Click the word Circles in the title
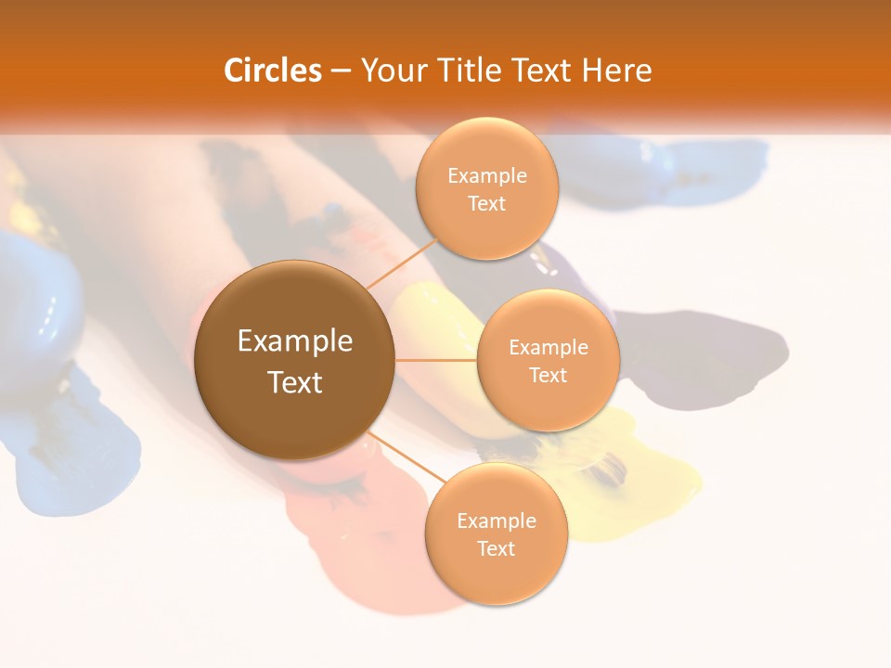tap(272, 71)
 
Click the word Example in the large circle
tap(294, 341)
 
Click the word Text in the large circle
tap(294, 382)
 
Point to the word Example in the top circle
tap(486, 176)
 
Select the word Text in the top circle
tap(486, 204)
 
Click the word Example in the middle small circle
tap(548, 348)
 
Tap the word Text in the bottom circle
tap(496, 549)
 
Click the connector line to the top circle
tap(401, 263)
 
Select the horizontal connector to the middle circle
tap(436, 360)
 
